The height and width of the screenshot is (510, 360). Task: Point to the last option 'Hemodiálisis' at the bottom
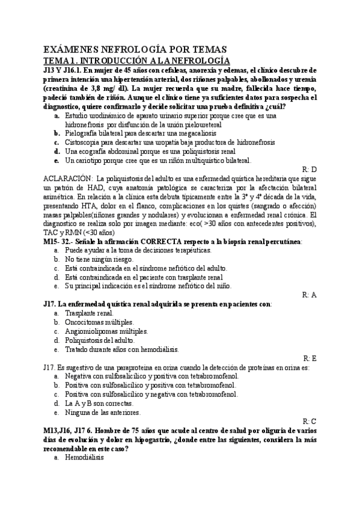tap(85, 458)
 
